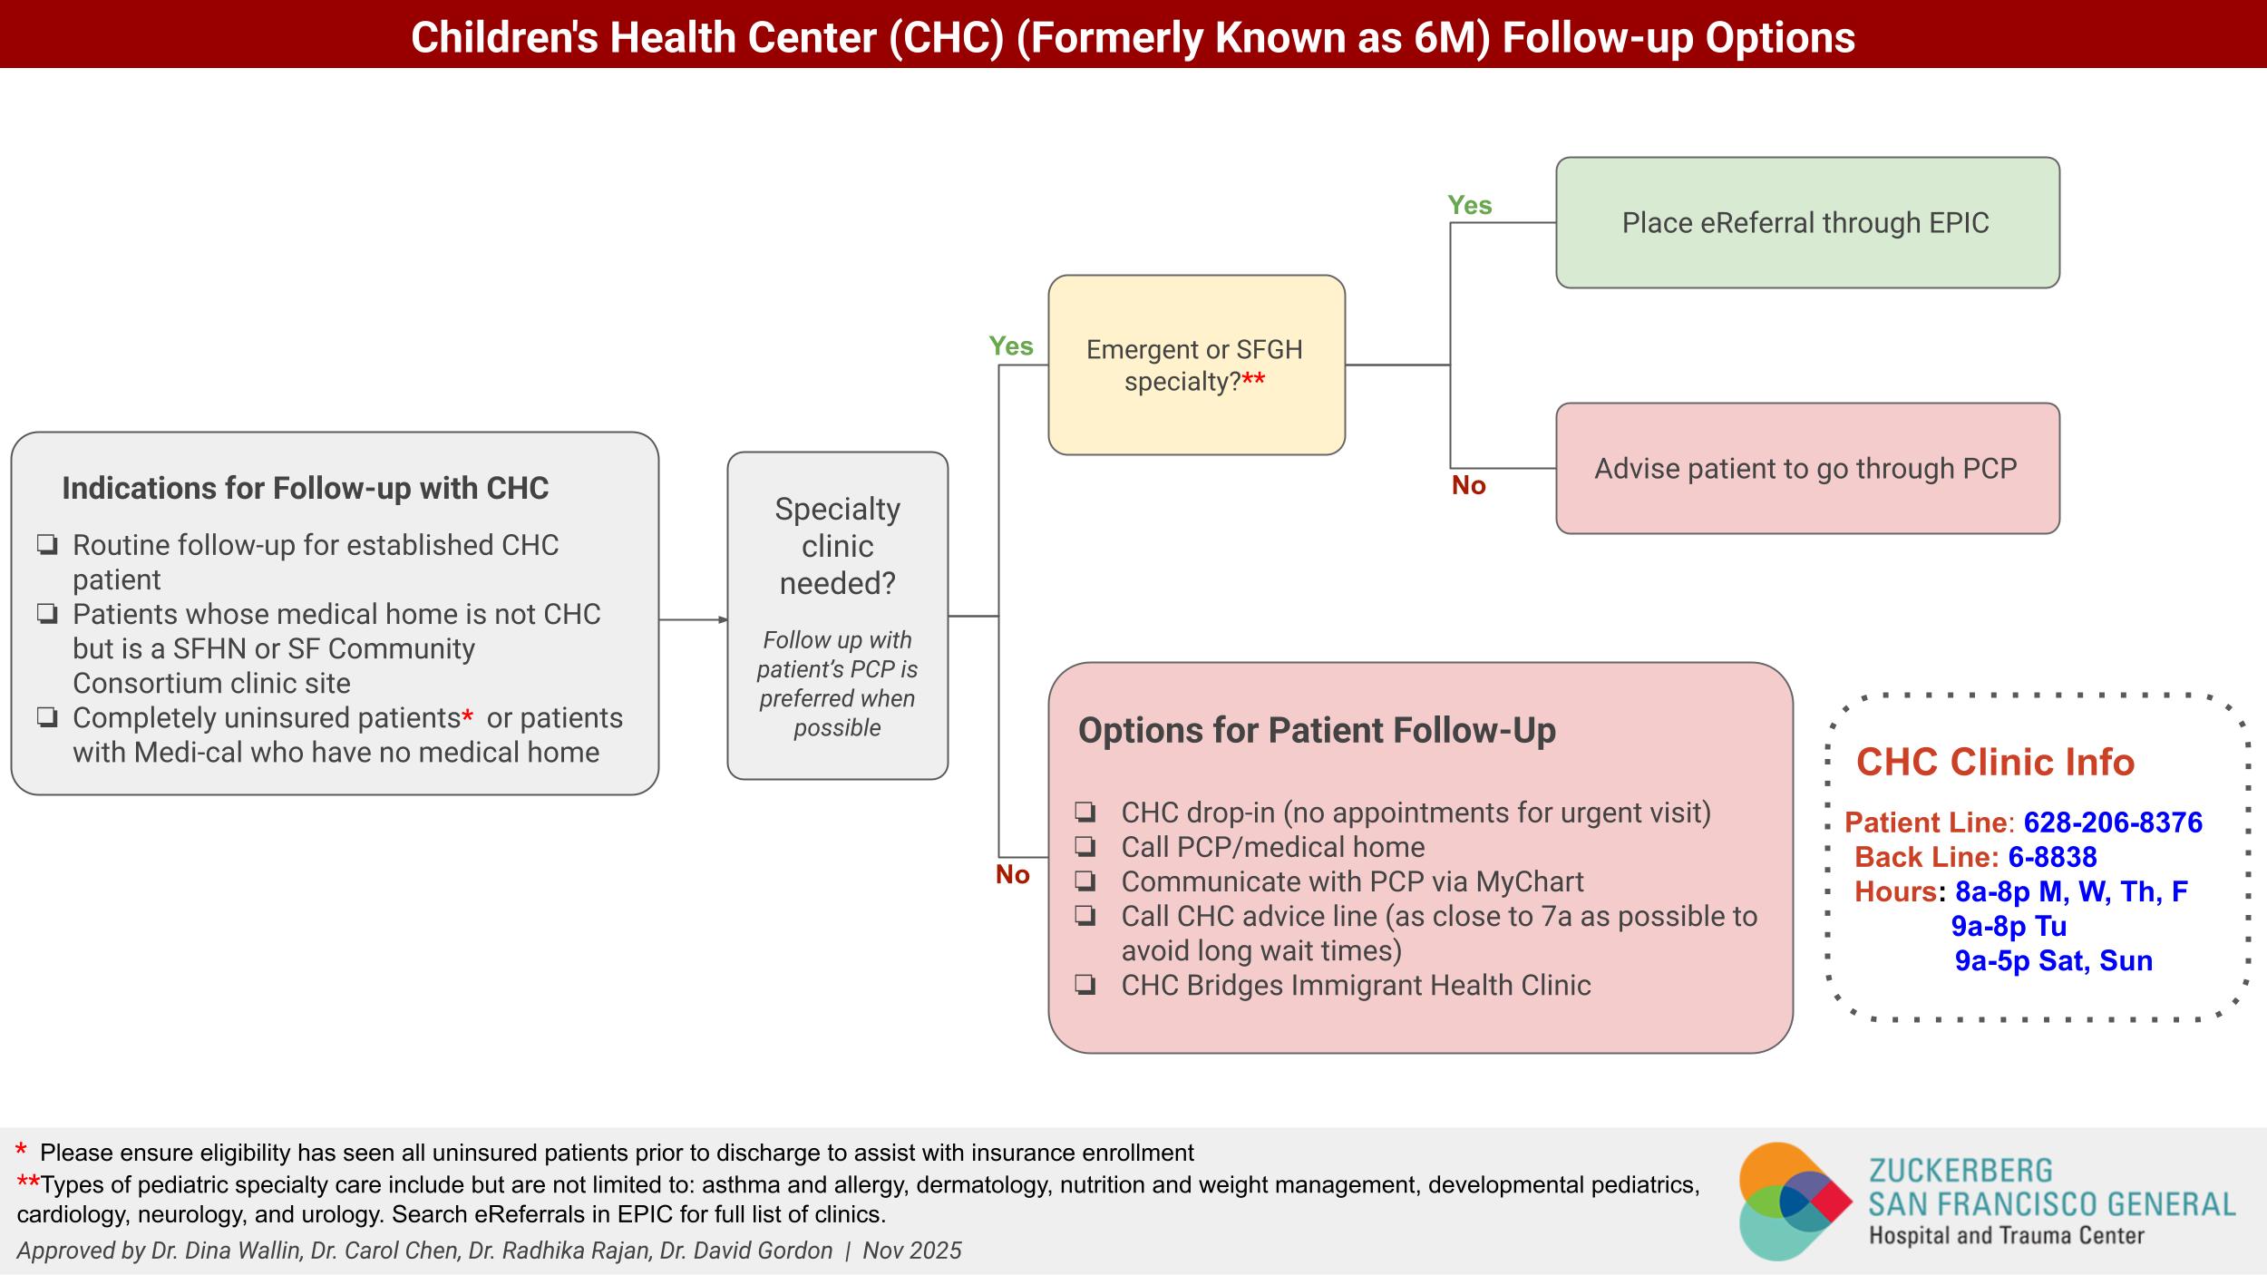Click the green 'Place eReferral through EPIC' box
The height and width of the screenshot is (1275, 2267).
point(1806,223)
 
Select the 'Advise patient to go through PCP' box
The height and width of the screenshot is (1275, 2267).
point(1806,469)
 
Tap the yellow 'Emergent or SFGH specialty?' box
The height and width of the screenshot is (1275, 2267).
point(1195,365)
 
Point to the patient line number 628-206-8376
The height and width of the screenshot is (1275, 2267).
point(2113,822)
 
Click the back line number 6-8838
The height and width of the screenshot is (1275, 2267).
point(2052,857)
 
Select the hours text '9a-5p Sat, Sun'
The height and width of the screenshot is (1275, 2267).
point(2053,960)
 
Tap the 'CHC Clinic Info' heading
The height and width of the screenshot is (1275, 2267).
point(1995,762)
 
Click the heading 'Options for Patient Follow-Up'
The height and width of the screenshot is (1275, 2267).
point(1316,731)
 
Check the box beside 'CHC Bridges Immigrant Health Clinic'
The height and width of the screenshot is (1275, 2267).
point(1085,986)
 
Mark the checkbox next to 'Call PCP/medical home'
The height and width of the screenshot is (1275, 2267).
point(1085,847)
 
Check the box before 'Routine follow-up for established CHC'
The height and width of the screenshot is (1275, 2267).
point(47,545)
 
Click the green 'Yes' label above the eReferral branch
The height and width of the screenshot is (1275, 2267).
point(1469,205)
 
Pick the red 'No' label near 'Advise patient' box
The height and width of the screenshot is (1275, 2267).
point(1468,486)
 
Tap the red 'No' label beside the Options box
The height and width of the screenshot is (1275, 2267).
point(1012,874)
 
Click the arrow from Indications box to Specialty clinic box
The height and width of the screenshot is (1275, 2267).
point(693,619)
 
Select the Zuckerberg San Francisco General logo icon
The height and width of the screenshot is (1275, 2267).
point(1794,1201)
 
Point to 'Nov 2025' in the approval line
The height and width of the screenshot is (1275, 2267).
point(911,1251)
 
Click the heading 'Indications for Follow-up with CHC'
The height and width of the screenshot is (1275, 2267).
point(305,489)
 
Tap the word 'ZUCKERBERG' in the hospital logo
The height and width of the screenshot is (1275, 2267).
point(1961,1171)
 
